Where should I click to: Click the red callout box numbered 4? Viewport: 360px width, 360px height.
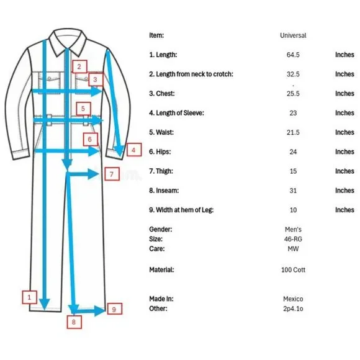pos(134,150)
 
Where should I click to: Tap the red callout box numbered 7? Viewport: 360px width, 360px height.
pos(112,174)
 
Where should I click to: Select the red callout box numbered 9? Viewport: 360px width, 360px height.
pos(115,309)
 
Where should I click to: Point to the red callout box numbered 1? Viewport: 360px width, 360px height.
pos(29,297)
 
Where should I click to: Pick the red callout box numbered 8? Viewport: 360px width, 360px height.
pos(74,322)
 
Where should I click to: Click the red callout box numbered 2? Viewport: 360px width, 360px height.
pos(79,66)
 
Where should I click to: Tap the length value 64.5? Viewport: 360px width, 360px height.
pos(293,55)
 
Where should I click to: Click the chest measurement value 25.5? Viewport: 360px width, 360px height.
pos(293,94)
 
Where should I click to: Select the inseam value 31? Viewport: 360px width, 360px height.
pos(293,191)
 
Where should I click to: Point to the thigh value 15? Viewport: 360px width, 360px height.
pos(293,171)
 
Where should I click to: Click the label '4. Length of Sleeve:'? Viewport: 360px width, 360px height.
pos(176,113)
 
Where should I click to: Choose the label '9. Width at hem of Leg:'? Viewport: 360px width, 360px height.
pos(181,210)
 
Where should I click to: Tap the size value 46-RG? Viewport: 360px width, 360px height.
pos(293,239)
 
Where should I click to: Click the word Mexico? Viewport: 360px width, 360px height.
pos(293,299)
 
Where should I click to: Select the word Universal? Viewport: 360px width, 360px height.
pos(293,35)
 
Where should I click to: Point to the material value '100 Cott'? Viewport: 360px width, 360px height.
pos(293,270)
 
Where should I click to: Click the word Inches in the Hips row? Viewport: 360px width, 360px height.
pos(344,152)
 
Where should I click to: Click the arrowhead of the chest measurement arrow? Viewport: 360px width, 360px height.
pos(96,91)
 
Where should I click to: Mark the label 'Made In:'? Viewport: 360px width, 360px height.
pos(161,299)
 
